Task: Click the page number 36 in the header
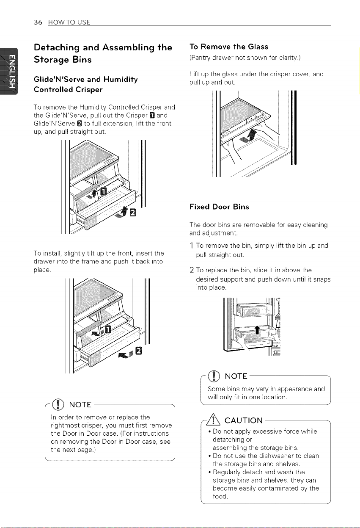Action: [38, 22]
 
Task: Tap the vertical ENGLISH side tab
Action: [9, 71]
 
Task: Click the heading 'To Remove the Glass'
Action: [229, 47]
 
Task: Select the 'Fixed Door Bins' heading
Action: [219, 207]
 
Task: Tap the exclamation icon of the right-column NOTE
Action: [213, 376]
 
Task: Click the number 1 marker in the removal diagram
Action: [104, 192]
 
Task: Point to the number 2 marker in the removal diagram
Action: [133, 213]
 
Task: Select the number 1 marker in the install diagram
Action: [108, 329]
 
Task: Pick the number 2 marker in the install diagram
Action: [139, 351]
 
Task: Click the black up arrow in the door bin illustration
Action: [257, 330]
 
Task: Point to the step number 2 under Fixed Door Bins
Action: [192, 271]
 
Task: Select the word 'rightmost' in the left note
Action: [65, 426]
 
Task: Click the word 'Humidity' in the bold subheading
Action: [121, 80]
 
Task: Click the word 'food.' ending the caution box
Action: [220, 496]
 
